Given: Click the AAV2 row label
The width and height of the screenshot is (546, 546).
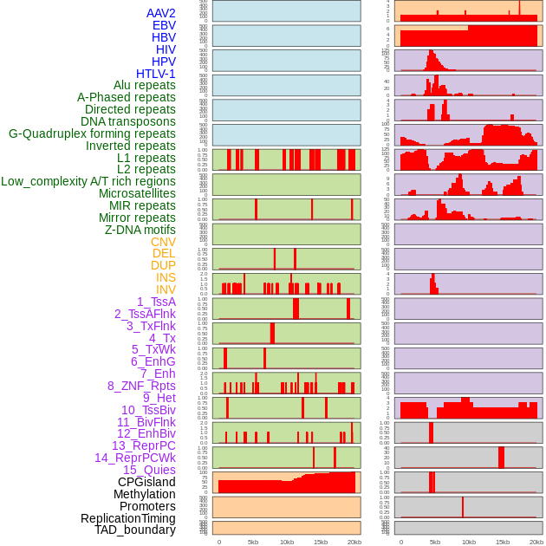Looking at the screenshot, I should click(x=161, y=13).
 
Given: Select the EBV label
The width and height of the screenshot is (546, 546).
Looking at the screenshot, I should click(x=164, y=25).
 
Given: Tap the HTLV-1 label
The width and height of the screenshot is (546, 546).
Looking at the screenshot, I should click(x=156, y=74).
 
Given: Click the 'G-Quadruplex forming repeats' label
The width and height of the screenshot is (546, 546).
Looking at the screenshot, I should click(x=92, y=133).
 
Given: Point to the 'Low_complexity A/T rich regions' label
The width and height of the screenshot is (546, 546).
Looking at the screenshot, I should click(x=88, y=181).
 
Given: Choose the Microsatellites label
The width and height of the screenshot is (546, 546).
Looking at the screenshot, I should click(x=137, y=193).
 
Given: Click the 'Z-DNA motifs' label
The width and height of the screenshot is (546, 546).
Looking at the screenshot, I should click(x=140, y=230).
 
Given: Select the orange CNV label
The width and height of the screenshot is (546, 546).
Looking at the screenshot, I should click(x=163, y=242).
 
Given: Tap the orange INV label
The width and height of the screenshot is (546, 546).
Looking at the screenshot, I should click(x=166, y=289).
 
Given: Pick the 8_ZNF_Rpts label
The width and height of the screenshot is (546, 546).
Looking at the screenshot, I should click(x=141, y=386).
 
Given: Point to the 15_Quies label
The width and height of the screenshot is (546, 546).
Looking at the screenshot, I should click(x=149, y=470).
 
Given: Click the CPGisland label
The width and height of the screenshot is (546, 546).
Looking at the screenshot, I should click(x=146, y=482).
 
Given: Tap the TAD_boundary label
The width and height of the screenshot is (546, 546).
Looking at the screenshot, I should click(x=135, y=530).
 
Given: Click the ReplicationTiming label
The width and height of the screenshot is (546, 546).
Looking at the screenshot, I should click(x=128, y=518).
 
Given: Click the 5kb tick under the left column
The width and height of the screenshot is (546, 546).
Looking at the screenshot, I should click(x=253, y=542).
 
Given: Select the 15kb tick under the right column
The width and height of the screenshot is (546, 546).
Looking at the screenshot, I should click(x=503, y=542).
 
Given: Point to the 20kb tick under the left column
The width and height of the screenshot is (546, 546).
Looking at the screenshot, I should click(x=354, y=542).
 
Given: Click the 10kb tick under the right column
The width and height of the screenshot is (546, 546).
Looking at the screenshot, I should click(x=469, y=542).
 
